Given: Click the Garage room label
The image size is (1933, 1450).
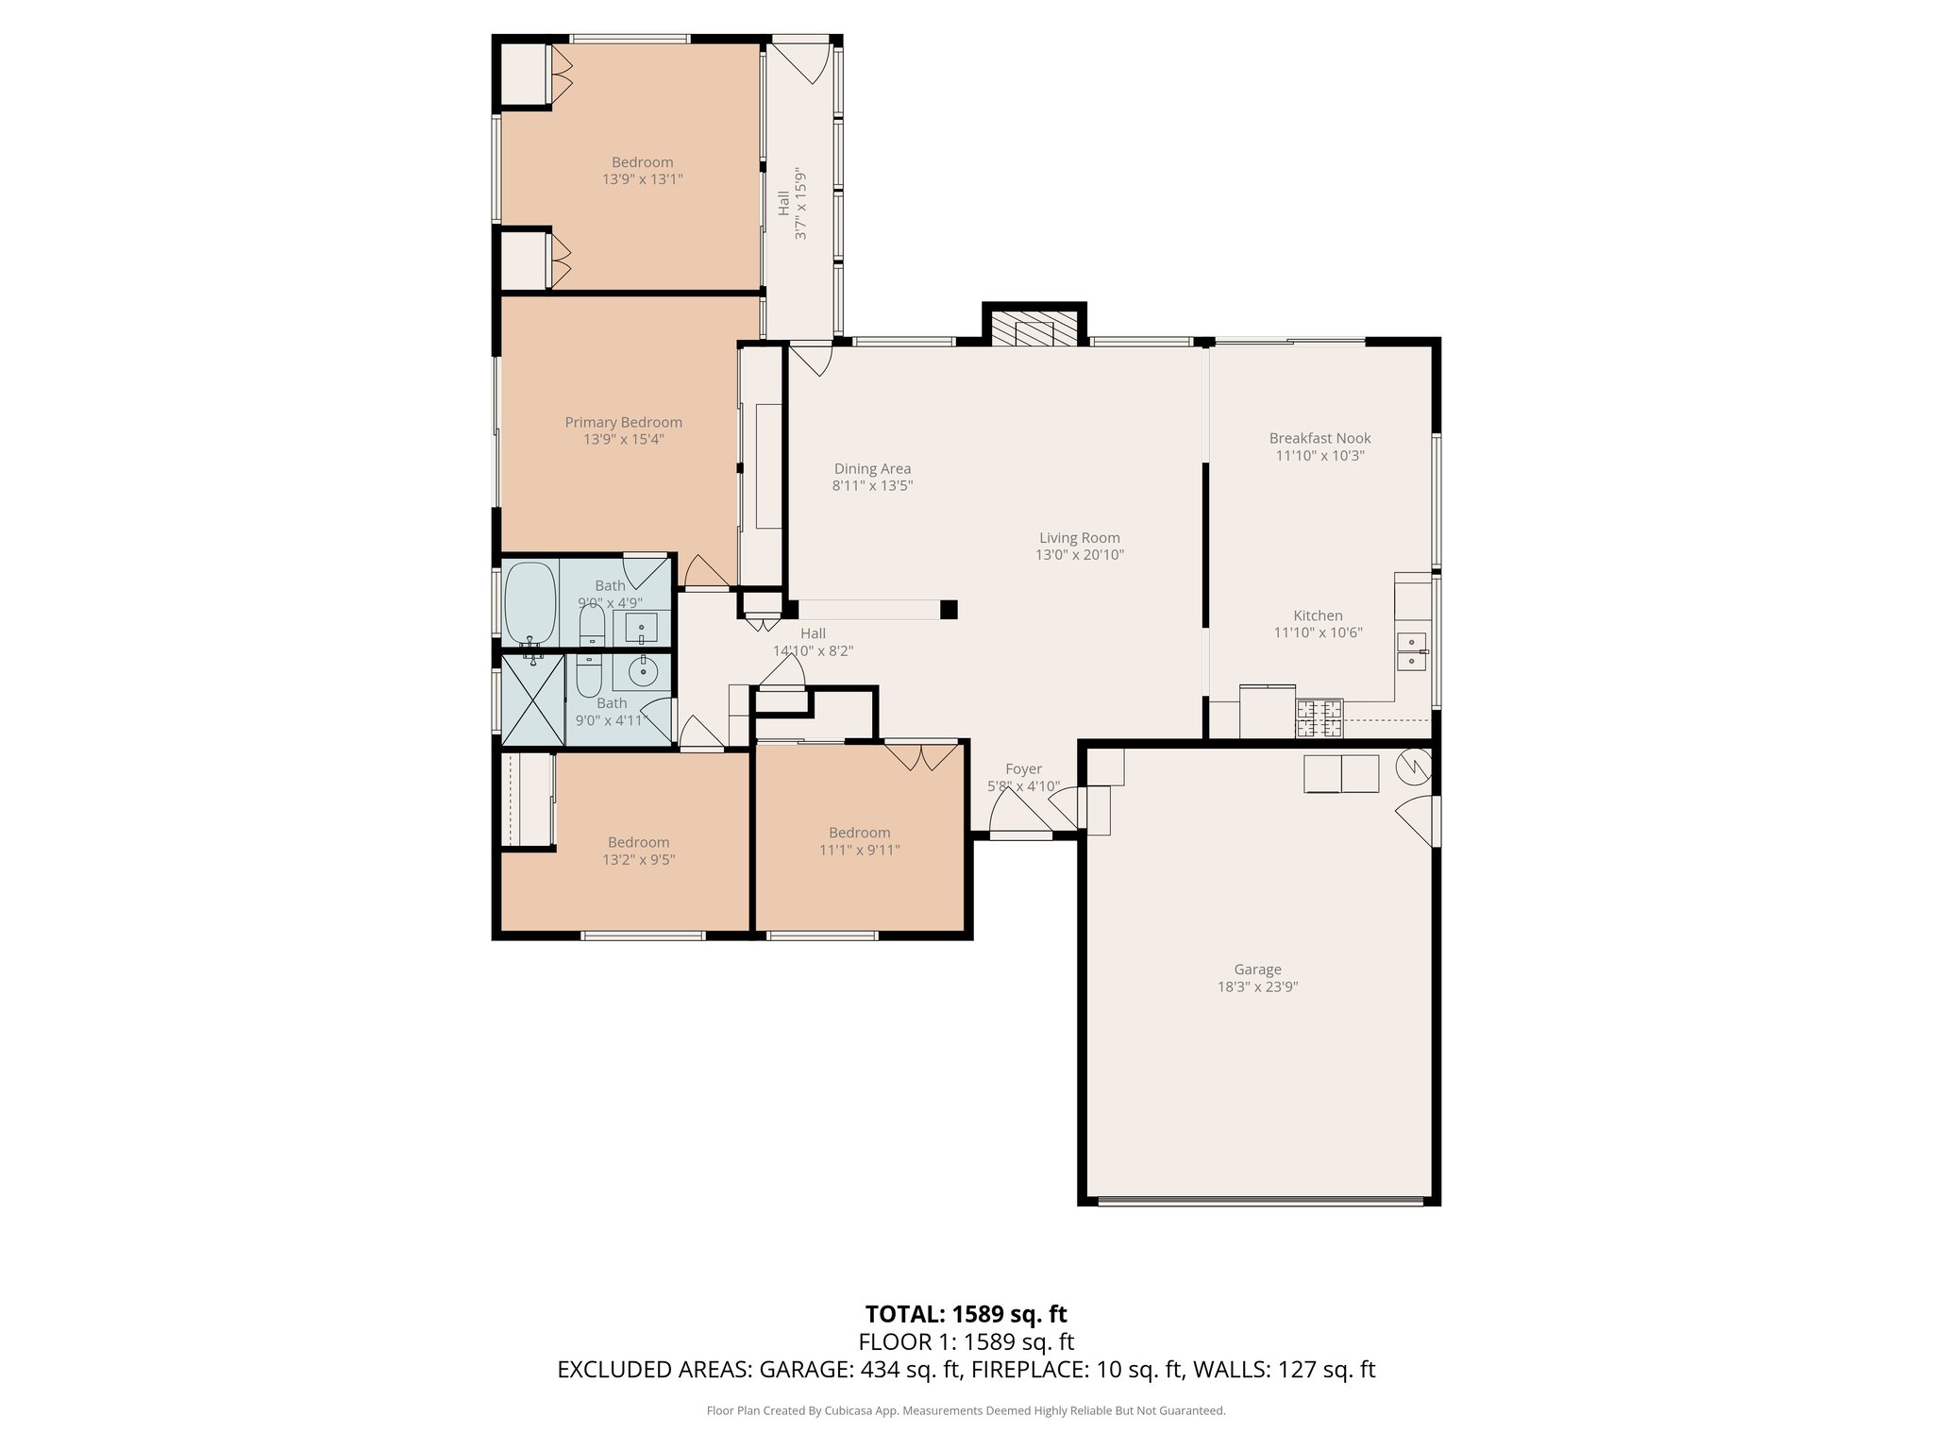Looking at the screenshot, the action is pyautogui.click(x=1258, y=969).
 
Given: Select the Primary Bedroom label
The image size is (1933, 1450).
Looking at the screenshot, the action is pyautogui.click(x=623, y=422).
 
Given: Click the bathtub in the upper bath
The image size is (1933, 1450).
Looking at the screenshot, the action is pyautogui.click(x=530, y=602).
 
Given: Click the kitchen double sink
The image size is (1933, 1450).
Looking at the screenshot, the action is pyautogui.click(x=1412, y=651).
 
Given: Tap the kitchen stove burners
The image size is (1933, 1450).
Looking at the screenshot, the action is pyautogui.click(x=1319, y=718).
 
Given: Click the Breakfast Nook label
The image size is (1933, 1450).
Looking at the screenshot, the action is pyautogui.click(x=1319, y=438).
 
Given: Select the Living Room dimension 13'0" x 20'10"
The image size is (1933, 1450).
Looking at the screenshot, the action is pyautogui.click(x=1079, y=555).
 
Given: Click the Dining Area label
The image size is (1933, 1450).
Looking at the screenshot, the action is pyautogui.click(x=872, y=468).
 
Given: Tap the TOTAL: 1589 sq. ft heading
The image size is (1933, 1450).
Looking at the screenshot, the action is pyautogui.click(x=966, y=1314).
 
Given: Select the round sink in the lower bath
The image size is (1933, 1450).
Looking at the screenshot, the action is pyautogui.click(x=643, y=672).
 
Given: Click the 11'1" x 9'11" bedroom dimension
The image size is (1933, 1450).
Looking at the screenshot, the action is pyautogui.click(x=859, y=850).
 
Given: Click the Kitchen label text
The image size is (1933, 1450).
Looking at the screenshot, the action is pyautogui.click(x=1318, y=615).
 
